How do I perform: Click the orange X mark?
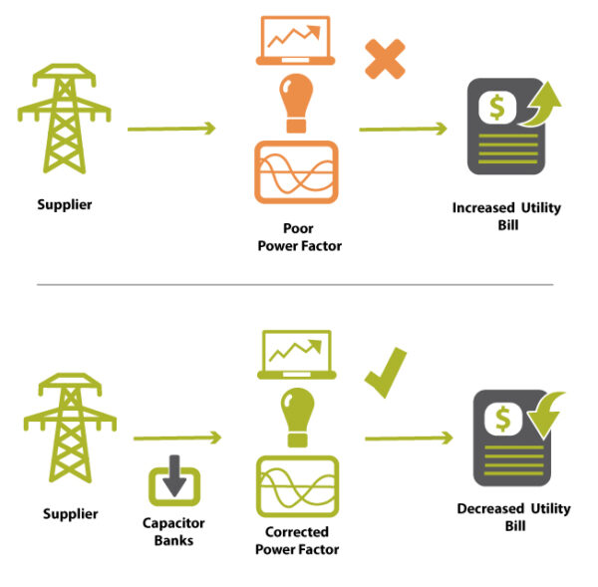point(384,60)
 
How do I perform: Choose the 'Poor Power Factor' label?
point(297,237)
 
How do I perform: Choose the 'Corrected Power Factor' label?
point(297,541)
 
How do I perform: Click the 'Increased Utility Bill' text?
point(506,216)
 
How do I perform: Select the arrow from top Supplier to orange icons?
point(172,129)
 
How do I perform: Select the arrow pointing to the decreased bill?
point(408,438)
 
